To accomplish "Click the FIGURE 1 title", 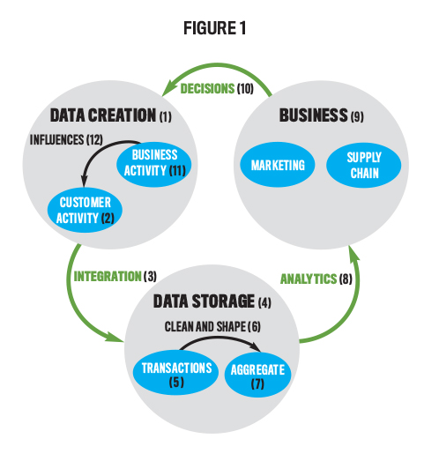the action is pos(214,28).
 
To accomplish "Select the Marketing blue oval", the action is pos(278,165).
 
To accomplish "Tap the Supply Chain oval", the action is pos(364,165).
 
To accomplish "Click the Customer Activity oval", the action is pos(85,210).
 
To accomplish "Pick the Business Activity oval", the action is pos(154,163).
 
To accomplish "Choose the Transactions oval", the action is pos(175,373).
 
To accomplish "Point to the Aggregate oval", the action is pos(257,375).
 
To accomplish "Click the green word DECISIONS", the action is pos(207,88).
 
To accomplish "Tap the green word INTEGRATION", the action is pos(108,277).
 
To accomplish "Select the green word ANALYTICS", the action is pos(309,279).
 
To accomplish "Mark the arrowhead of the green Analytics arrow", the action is pos(353,253).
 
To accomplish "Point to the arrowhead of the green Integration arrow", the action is pos(116,338).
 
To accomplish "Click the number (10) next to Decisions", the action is pos(245,88).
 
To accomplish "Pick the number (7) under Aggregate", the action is pos(257,383).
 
